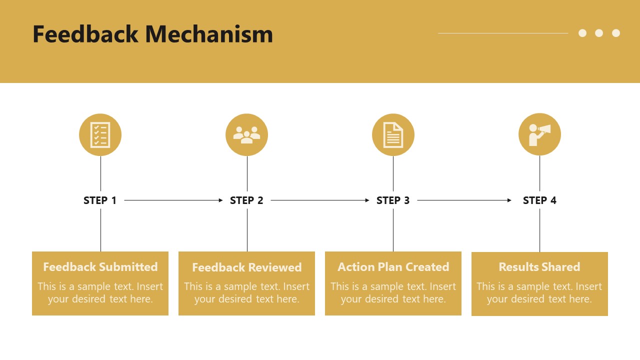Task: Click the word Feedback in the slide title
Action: (85, 34)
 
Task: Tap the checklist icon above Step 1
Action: (100, 134)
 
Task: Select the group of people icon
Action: (246, 134)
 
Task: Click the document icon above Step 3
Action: (393, 134)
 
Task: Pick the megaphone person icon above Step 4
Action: (539, 134)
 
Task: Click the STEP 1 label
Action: (100, 200)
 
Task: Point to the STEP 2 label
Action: (246, 200)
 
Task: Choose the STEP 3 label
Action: (393, 200)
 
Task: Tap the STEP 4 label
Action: (539, 200)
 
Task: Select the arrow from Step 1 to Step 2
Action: (173, 200)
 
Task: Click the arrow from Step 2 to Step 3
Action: (319, 200)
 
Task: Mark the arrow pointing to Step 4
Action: (464, 200)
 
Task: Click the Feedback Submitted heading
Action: (100, 267)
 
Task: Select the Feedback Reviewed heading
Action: (246, 267)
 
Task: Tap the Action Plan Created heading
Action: (393, 267)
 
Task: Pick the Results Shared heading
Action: (539, 267)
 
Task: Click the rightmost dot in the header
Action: (616, 33)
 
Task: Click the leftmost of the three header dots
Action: (582, 33)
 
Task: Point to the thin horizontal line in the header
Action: (502, 33)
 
